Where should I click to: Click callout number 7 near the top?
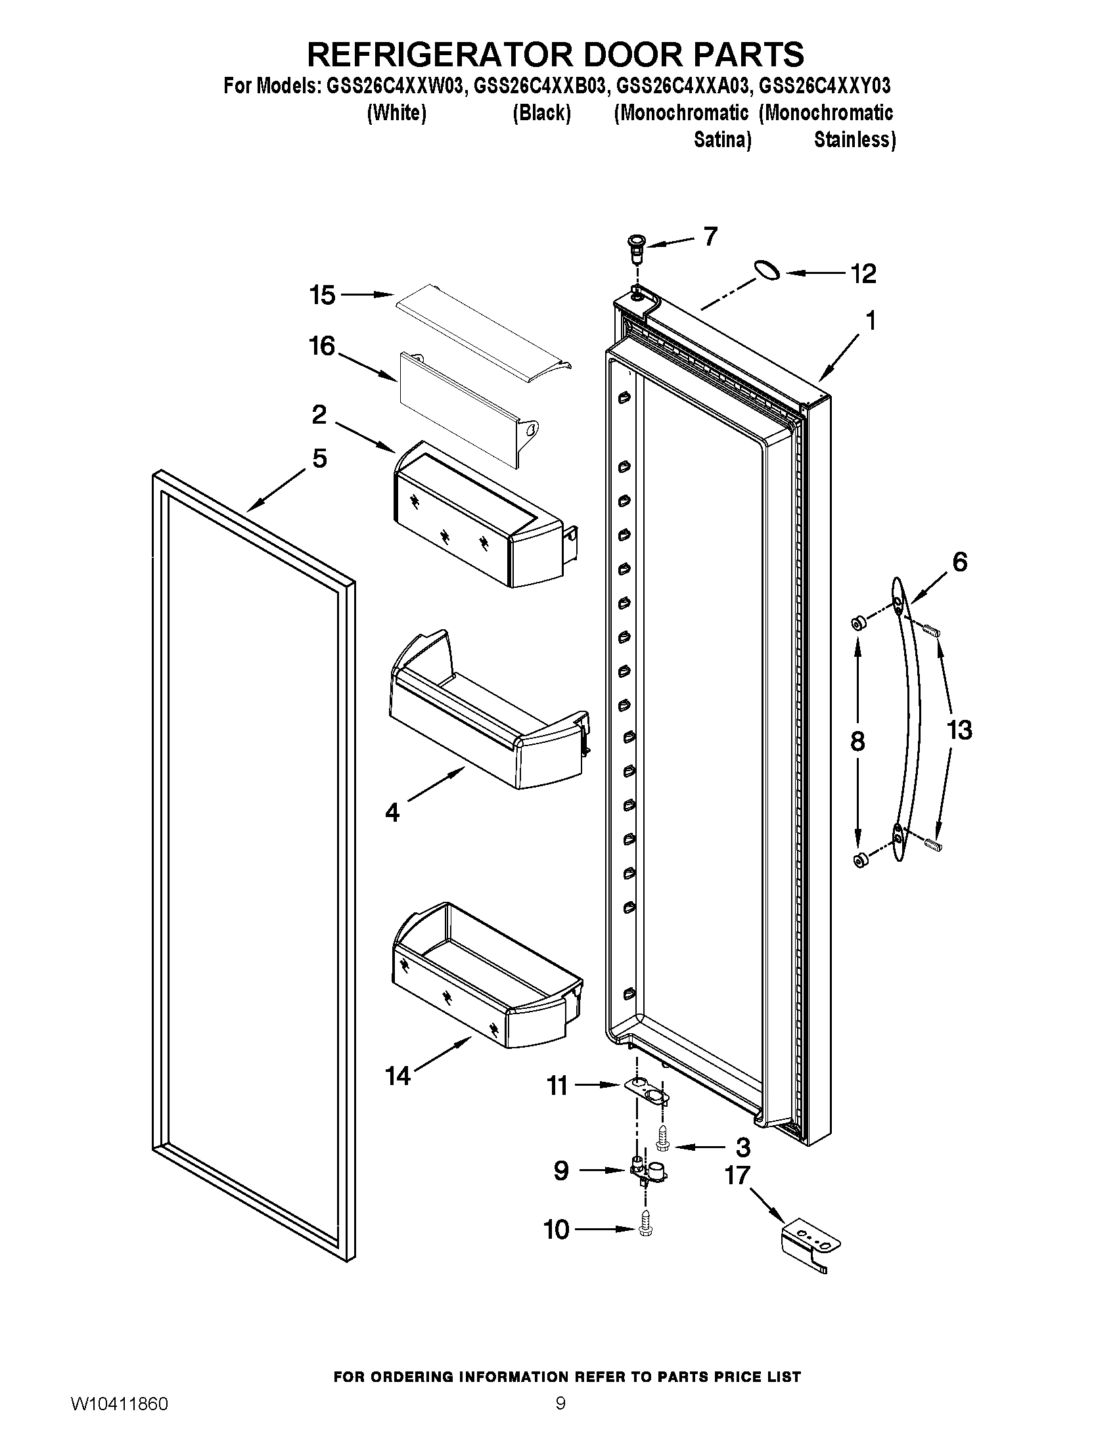pyautogui.click(x=710, y=236)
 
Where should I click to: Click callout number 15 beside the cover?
pyautogui.click(x=323, y=295)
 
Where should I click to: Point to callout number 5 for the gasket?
pyautogui.click(x=319, y=458)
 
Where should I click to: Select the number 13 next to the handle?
pyautogui.click(x=959, y=730)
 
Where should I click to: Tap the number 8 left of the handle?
pyautogui.click(x=857, y=742)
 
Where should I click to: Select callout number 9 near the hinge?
pyautogui.click(x=560, y=1171)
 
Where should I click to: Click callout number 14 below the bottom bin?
pyautogui.click(x=398, y=1077)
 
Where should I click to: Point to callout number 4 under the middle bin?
pyautogui.click(x=392, y=812)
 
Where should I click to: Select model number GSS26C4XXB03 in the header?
pyautogui.click(x=539, y=86)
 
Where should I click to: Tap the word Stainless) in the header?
pyautogui.click(x=854, y=141)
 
